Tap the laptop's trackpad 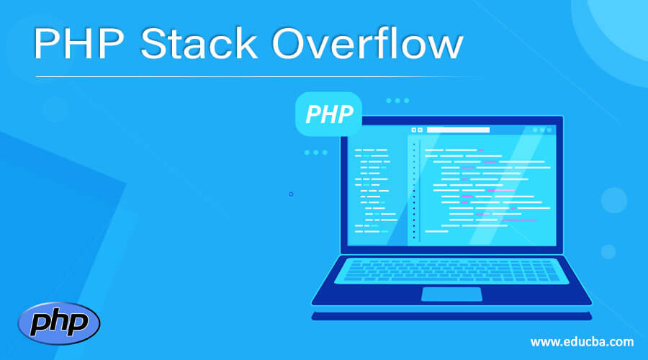[x=451, y=294]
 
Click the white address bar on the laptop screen [x=459, y=130]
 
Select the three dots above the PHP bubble [x=397, y=101]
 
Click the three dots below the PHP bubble [x=315, y=153]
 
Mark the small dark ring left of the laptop [x=291, y=194]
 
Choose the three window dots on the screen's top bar [x=541, y=130]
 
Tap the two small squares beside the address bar [x=417, y=130]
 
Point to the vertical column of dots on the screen [x=414, y=191]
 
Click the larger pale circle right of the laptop [x=614, y=199]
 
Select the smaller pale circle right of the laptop [x=608, y=251]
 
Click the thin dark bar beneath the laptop [x=451, y=315]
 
